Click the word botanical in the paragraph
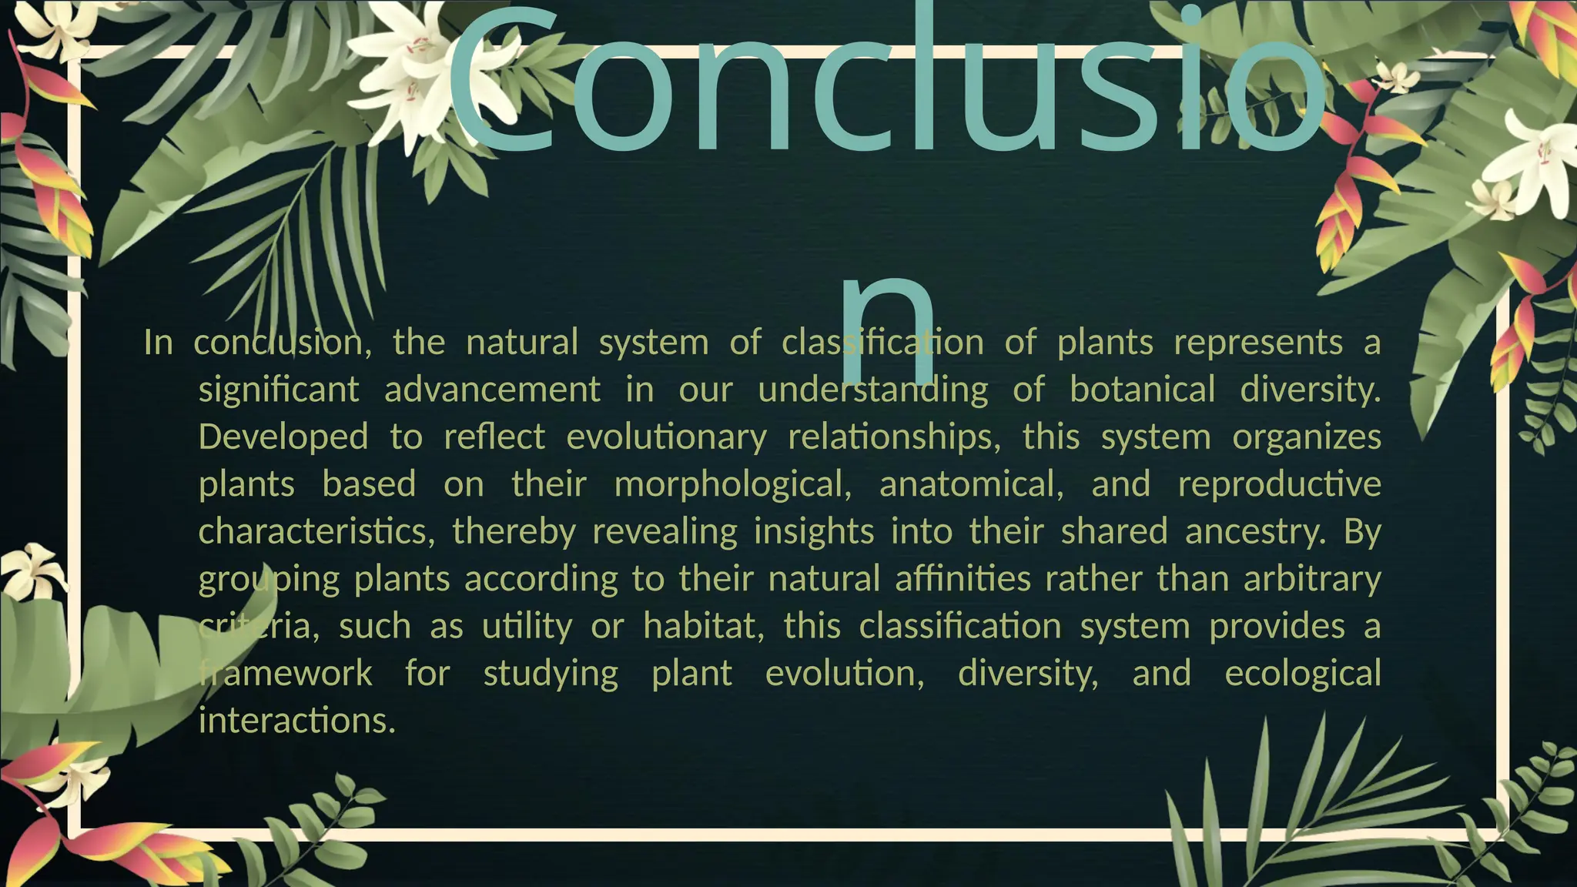coord(1142,389)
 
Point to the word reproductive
coord(1279,484)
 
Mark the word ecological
coord(1302,673)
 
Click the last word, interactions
coord(296,721)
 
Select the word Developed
coord(283,437)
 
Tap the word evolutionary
coord(666,437)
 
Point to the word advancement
coord(492,389)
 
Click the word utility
coord(527,626)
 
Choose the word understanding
coord(872,389)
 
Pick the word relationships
coord(894,437)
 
